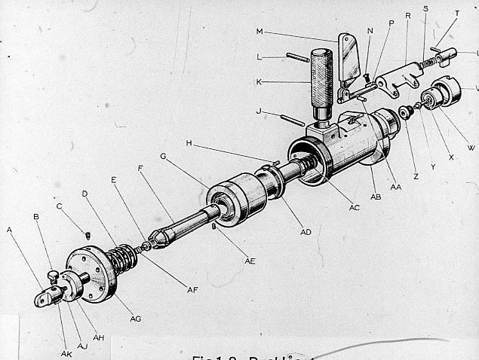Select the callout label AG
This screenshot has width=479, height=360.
tap(136, 319)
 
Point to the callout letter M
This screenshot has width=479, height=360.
tap(259, 32)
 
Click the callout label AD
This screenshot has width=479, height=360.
tap(306, 231)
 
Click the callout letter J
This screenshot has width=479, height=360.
tap(259, 111)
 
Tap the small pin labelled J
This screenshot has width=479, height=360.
tap(290, 120)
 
